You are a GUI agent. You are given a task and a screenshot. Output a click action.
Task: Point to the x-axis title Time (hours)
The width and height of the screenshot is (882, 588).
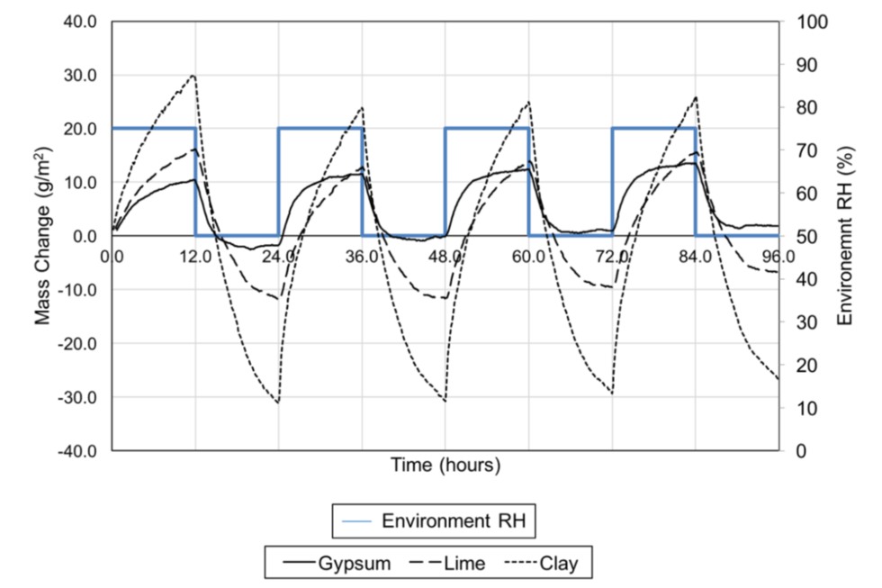(445, 466)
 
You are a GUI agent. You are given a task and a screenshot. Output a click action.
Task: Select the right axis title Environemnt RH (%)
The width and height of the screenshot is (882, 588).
(845, 236)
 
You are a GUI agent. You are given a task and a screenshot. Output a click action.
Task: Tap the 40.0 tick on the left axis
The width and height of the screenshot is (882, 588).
(80, 21)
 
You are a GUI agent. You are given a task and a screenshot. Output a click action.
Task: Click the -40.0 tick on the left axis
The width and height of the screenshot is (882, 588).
(77, 450)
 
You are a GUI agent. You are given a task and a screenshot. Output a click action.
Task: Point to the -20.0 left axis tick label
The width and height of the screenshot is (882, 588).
(77, 343)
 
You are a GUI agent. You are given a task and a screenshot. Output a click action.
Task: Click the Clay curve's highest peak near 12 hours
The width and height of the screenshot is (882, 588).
(193, 76)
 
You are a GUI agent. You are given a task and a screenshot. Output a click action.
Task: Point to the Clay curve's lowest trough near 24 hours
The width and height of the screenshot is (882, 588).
(278, 403)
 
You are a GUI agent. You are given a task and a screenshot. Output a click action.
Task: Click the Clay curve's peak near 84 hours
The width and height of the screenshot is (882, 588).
(696, 97)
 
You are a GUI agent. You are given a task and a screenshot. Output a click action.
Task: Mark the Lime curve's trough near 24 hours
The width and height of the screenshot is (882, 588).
(278, 298)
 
